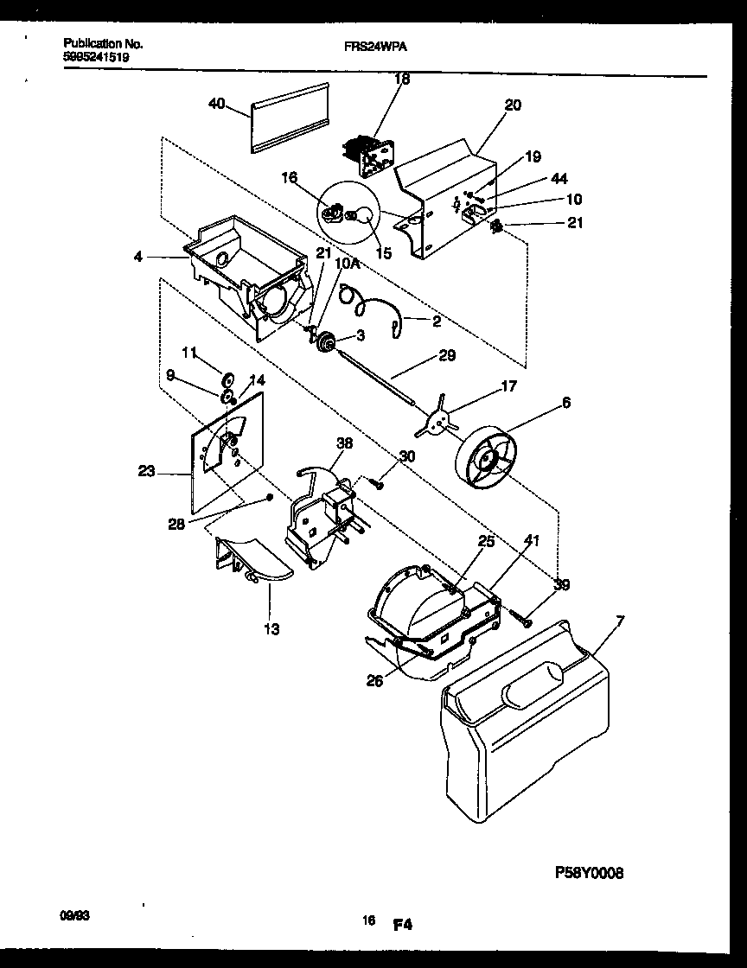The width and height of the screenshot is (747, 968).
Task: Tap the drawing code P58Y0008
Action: click(x=588, y=872)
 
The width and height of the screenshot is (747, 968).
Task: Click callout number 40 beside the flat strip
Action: click(x=216, y=104)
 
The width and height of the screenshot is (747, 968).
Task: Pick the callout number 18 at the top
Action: click(x=401, y=79)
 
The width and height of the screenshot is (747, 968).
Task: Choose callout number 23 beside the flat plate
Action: click(x=146, y=472)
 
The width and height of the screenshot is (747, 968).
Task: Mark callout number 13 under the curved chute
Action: click(x=271, y=629)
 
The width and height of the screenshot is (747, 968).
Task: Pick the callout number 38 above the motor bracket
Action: click(x=344, y=443)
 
